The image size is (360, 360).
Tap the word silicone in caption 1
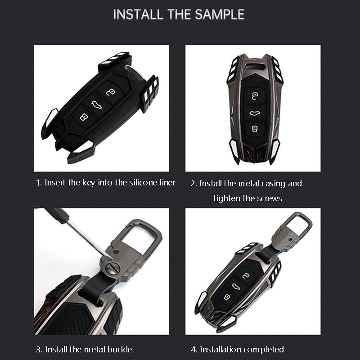[x=134, y=183]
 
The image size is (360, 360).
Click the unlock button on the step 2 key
[x=254, y=96]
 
